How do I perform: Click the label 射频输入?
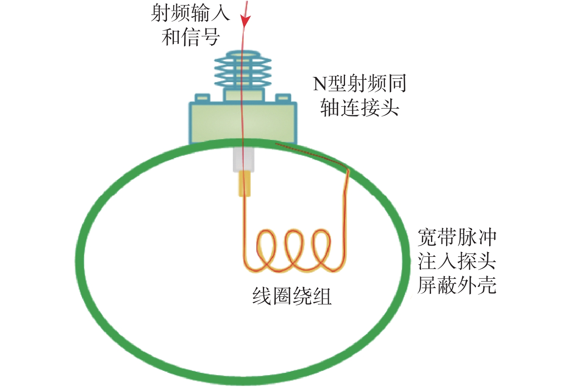click(x=190, y=13)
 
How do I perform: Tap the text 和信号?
click(x=190, y=37)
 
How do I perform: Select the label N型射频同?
click(x=359, y=83)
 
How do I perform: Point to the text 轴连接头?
click(x=359, y=107)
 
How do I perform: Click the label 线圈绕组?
click(x=292, y=296)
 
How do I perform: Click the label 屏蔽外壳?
click(x=457, y=285)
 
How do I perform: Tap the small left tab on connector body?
click(x=202, y=98)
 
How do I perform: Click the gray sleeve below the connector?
click(x=243, y=160)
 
